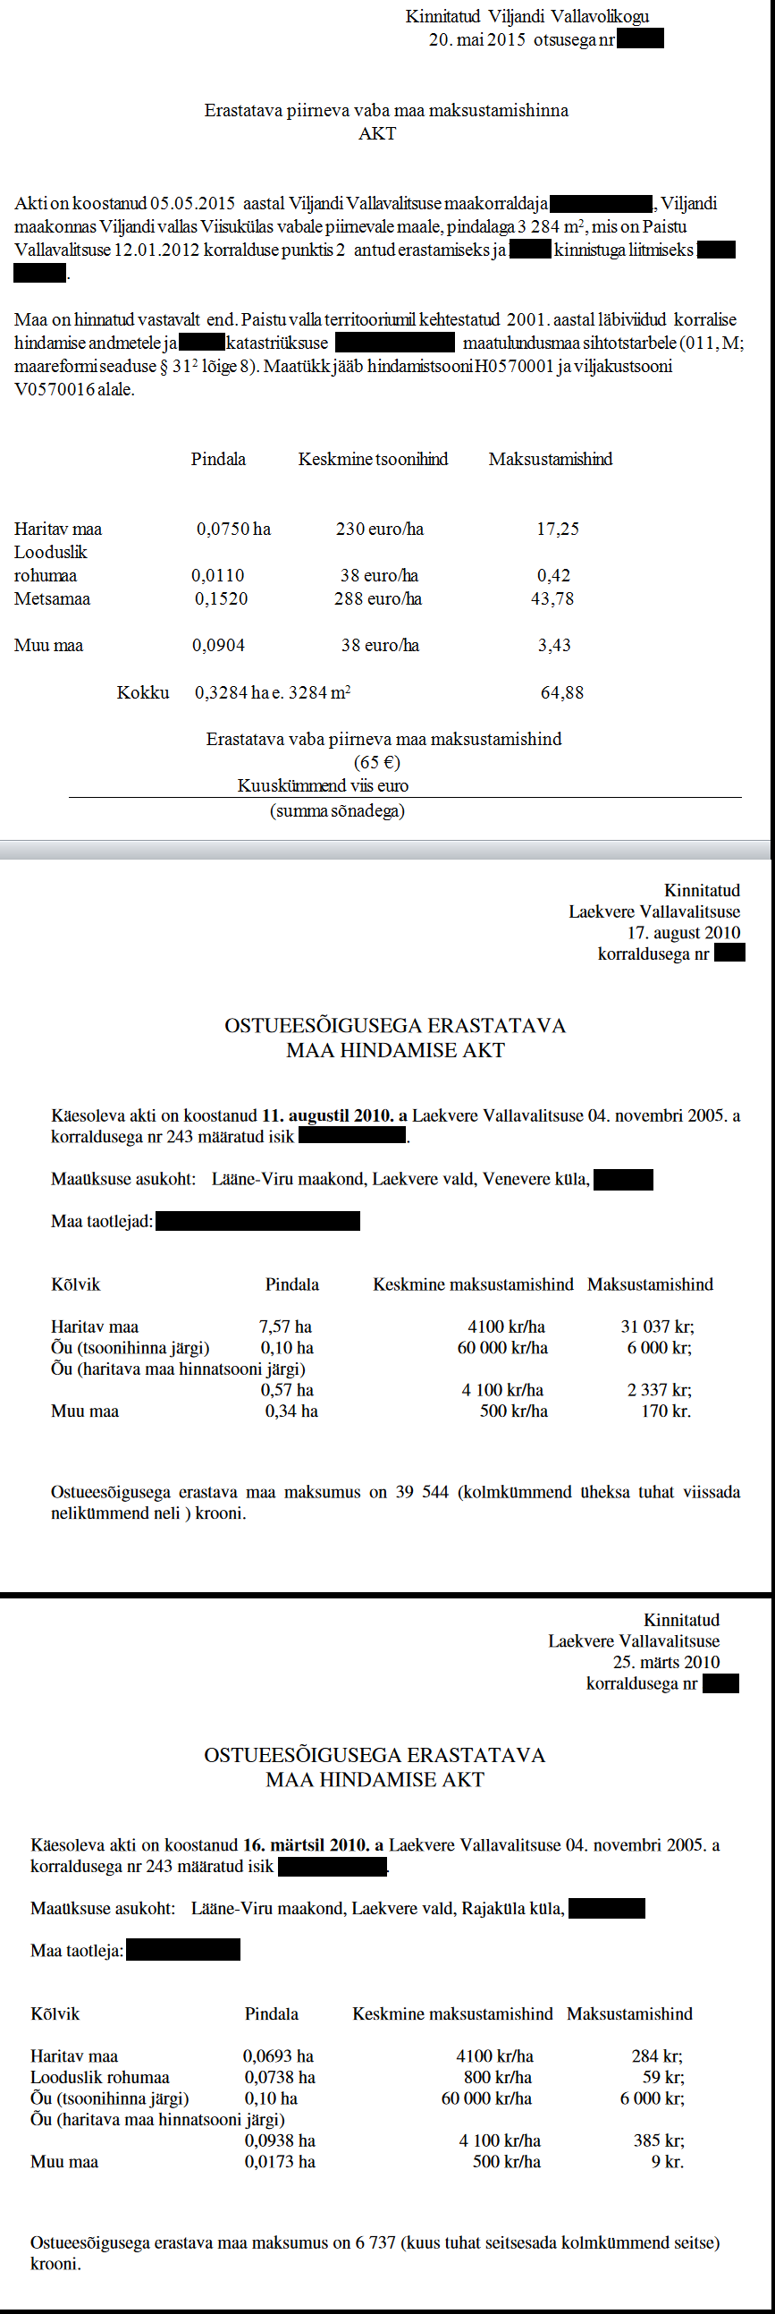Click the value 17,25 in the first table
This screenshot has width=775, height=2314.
point(558,530)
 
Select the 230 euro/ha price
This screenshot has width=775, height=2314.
point(380,530)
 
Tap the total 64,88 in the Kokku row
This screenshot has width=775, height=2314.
point(562,692)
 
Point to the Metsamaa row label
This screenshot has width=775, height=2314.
point(52,598)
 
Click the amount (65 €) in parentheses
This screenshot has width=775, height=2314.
point(377,762)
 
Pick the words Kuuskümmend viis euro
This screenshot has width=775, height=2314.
point(323,785)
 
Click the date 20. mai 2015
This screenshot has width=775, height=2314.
point(476,39)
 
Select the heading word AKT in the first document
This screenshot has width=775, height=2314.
point(377,133)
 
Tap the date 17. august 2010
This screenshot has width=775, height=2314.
point(685,932)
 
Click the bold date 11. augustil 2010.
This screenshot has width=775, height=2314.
point(327,1115)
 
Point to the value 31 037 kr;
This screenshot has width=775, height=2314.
point(657,1327)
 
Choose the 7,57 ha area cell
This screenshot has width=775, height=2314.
point(285,1327)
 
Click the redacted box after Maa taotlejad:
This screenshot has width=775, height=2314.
point(257,1221)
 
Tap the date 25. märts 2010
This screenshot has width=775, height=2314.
point(666,1662)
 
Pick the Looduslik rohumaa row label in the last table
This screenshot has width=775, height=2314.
point(100,2077)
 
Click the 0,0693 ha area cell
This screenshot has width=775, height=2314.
point(278,2056)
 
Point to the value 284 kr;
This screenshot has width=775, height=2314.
point(657,2056)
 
